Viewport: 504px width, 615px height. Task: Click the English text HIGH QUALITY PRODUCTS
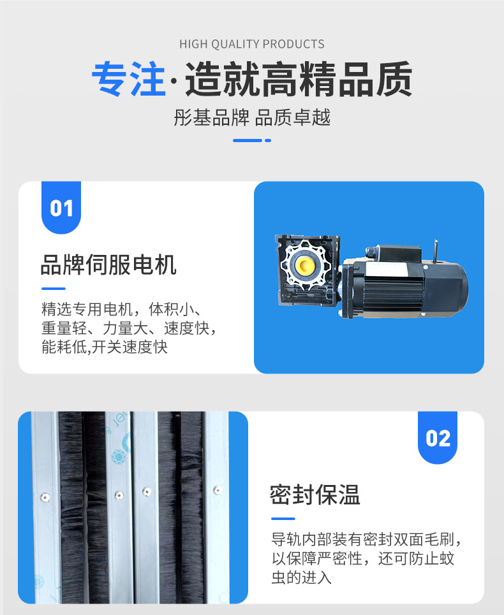pyautogui.click(x=252, y=44)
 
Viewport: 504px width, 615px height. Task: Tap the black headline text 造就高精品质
pyautogui.click(x=299, y=80)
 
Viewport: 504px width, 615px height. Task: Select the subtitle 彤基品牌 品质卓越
pyautogui.click(x=252, y=118)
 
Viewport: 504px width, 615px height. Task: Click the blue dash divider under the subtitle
pyautogui.click(x=251, y=140)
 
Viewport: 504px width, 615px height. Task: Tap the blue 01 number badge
pyautogui.click(x=61, y=208)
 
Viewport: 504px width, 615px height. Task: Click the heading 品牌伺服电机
pyautogui.click(x=108, y=264)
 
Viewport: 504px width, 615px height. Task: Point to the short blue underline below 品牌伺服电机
pyautogui.click(x=53, y=289)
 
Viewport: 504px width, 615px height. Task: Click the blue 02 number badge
pyautogui.click(x=438, y=438)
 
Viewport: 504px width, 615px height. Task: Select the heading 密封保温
pyautogui.click(x=315, y=495)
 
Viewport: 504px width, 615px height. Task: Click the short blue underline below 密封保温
pyautogui.click(x=283, y=519)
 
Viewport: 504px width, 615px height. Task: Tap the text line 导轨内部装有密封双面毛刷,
pyautogui.click(x=366, y=540)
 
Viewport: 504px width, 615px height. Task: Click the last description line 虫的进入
pyautogui.click(x=302, y=578)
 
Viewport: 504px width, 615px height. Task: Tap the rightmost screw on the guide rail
pyautogui.click(x=217, y=490)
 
